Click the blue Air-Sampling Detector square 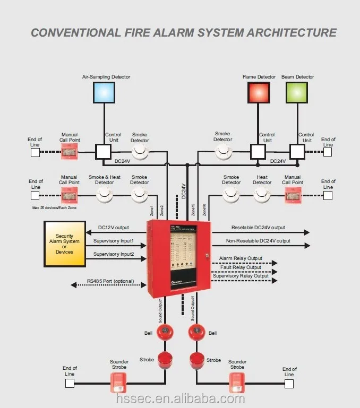tap(104, 92)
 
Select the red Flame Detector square tap(259, 92)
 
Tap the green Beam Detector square tap(297, 92)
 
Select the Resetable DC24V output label tap(258, 228)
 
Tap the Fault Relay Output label tap(241, 267)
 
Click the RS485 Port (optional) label tap(110, 281)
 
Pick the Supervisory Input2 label tap(113, 254)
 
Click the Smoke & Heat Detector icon tap(105, 195)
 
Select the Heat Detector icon tap(262, 195)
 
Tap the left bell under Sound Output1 tap(165, 332)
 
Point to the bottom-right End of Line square tap(289, 385)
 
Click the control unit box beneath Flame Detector tap(259, 152)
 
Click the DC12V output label tap(114, 228)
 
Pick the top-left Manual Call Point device tap(70, 152)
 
